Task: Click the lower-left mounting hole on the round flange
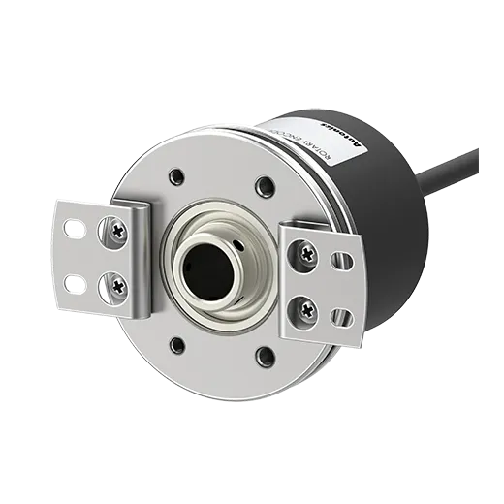[x=177, y=344]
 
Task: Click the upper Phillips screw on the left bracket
[x=116, y=231]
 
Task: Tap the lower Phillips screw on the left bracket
[x=117, y=284]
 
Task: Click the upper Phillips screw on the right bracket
[x=307, y=255]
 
